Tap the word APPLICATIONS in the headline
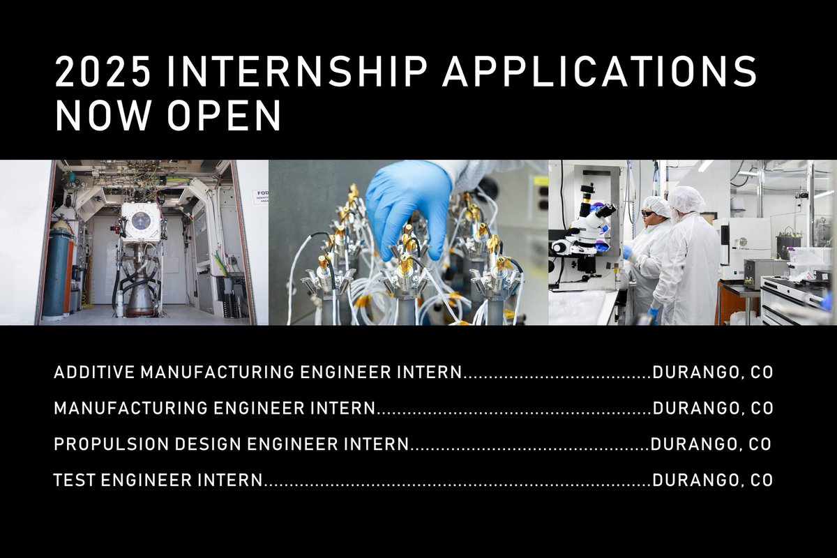click(600, 72)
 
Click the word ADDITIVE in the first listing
click(94, 372)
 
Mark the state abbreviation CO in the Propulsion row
click(758, 444)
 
